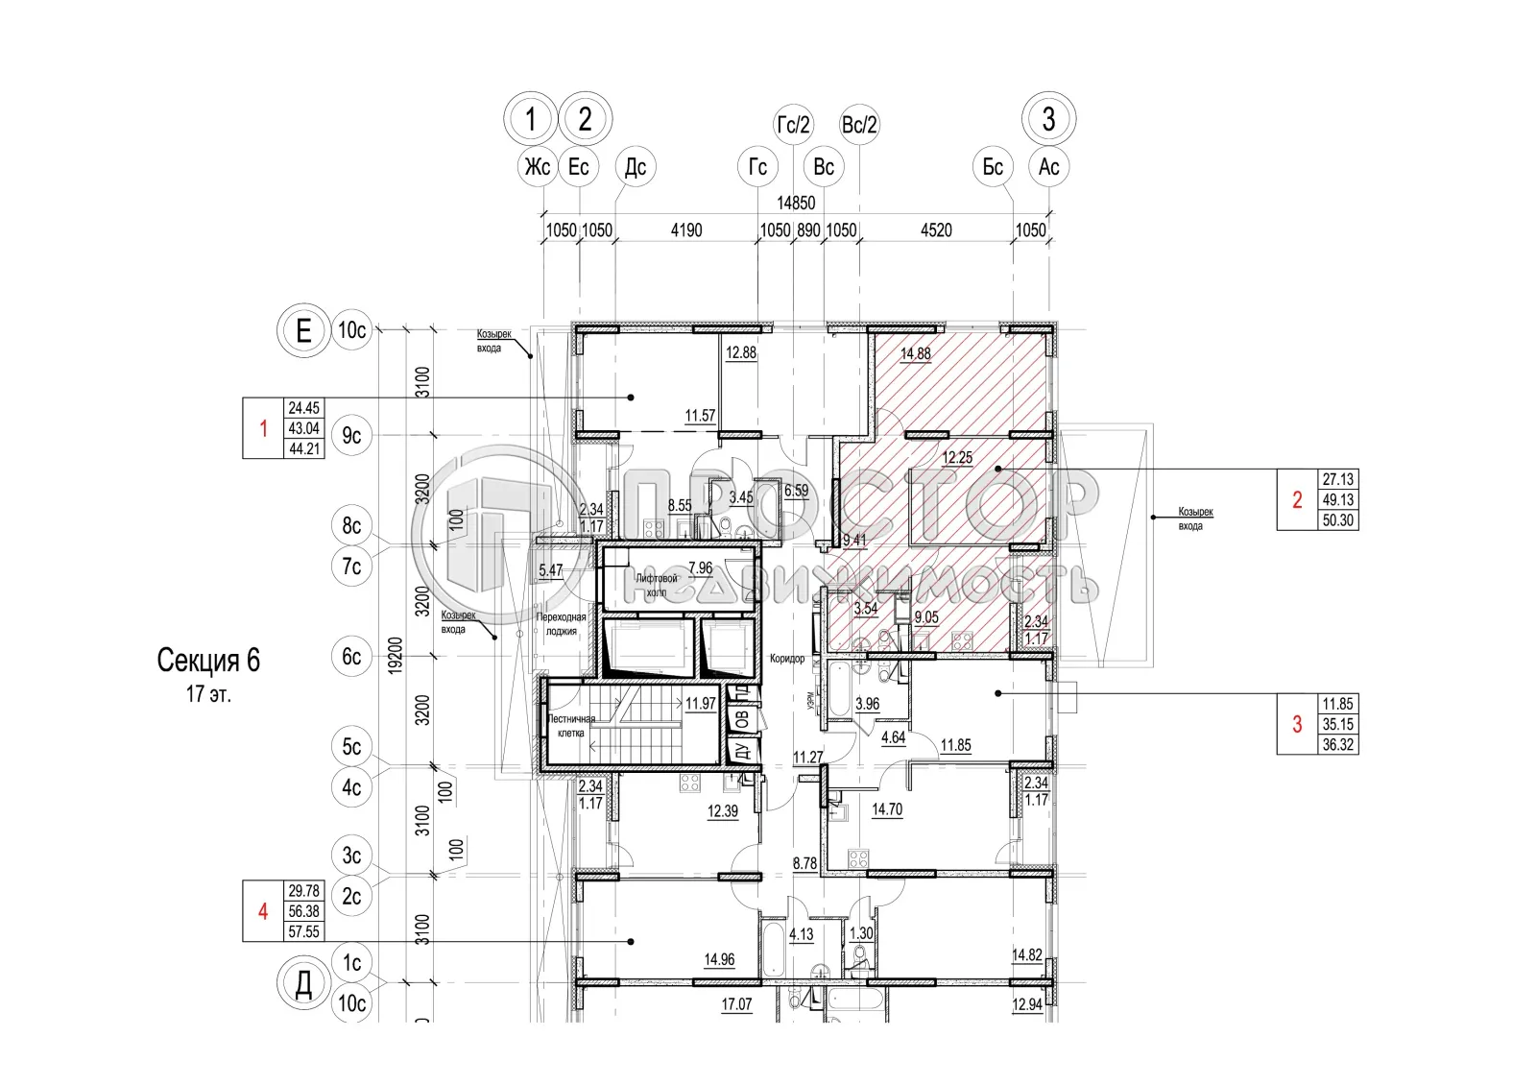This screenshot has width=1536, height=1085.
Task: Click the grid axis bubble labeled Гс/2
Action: click(794, 125)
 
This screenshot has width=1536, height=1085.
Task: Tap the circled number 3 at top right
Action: click(1048, 119)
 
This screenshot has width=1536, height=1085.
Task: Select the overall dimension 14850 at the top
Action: click(796, 203)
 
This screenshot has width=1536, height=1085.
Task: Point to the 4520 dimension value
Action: click(936, 230)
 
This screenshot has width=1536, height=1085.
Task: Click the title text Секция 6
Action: click(208, 661)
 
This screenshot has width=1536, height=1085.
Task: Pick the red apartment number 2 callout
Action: click(1297, 500)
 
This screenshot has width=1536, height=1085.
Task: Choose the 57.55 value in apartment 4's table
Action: click(304, 931)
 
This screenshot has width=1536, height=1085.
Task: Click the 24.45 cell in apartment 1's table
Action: click(304, 408)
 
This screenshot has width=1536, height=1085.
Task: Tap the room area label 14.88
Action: click(915, 353)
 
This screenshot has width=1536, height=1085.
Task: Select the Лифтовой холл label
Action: click(657, 585)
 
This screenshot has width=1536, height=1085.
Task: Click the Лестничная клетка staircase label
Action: click(571, 726)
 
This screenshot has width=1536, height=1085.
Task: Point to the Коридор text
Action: click(787, 659)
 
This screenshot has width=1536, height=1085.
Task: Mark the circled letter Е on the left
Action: click(303, 331)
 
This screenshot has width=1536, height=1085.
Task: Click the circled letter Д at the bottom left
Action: click(303, 985)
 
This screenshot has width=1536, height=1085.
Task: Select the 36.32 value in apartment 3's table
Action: click(1337, 745)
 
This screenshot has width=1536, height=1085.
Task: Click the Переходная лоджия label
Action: click(562, 624)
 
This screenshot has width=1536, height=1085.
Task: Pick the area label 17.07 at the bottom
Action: click(736, 1004)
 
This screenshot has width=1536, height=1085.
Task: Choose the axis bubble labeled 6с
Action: click(352, 657)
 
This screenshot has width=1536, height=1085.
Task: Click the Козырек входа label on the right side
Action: click(1195, 518)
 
